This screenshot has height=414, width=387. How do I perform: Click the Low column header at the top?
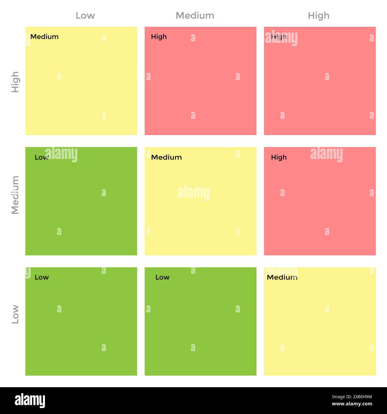pyautogui.click(x=85, y=15)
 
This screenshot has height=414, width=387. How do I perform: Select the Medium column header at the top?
pyautogui.click(x=195, y=15)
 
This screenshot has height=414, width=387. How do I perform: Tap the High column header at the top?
pyautogui.click(x=319, y=15)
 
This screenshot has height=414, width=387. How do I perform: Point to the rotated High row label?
pyautogui.click(x=15, y=82)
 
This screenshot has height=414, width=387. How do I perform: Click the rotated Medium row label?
pyautogui.click(x=15, y=195)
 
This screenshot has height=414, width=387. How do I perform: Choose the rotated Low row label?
pyautogui.click(x=15, y=314)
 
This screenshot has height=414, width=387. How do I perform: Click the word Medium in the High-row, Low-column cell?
pyautogui.click(x=44, y=37)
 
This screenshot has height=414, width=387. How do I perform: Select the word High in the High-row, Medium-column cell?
pyautogui.click(x=159, y=37)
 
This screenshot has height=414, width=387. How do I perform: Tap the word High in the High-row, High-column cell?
pyautogui.click(x=279, y=37)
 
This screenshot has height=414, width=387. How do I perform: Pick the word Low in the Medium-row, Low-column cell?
pyautogui.click(x=41, y=157)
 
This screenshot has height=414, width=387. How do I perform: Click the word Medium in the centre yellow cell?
pyautogui.click(x=166, y=157)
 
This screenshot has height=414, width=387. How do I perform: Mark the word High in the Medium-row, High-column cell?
pyautogui.click(x=279, y=157)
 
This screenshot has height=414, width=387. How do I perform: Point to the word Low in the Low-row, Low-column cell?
pyautogui.click(x=42, y=277)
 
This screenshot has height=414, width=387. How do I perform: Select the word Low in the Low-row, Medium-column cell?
pyautogui.click(x=162, y=277)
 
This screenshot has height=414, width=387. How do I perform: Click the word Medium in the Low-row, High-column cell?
pyautogui.click(x=282, y=277)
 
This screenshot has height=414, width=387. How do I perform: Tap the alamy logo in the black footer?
pyautogui.click(x=30, y=400)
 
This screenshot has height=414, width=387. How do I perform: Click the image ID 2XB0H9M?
pyautogui.click(x=352, y=397)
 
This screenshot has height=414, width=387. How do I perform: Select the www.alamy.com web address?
pyautogui.click(x=352, y=404)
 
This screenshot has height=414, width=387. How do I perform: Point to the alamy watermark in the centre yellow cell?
pyautogui.click(x=193, y=193)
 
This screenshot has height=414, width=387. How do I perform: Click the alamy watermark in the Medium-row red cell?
pyautogui.click(x=326, y=154)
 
